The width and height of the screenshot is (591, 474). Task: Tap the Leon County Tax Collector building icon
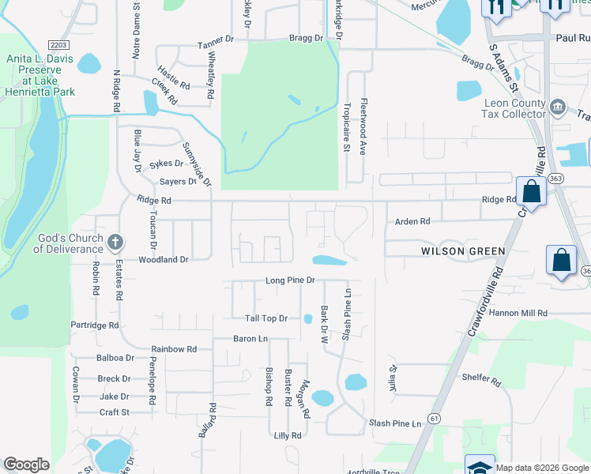click(x=557, y=105)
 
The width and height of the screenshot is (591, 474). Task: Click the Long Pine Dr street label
click(x=290, y=280)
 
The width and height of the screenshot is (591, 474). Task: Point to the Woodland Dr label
click(x=164, y=259)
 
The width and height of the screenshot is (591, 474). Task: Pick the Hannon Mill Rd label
click(x=518, y=313)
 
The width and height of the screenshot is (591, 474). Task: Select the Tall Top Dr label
click(x=265, y=318)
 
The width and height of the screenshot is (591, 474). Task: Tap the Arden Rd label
click(x=412, y=222)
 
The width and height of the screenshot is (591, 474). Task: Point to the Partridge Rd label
click(x=94, y=325)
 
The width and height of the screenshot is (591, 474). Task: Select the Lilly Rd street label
click(x=288, y=435)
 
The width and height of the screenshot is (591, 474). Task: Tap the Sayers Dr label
click(x=178, y=182)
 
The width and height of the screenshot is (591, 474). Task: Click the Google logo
click(x=26, y=465)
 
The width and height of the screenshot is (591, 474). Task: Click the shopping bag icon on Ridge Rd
click(x=531, y=192)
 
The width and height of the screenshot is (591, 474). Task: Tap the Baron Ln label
click(x=250, y=338)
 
